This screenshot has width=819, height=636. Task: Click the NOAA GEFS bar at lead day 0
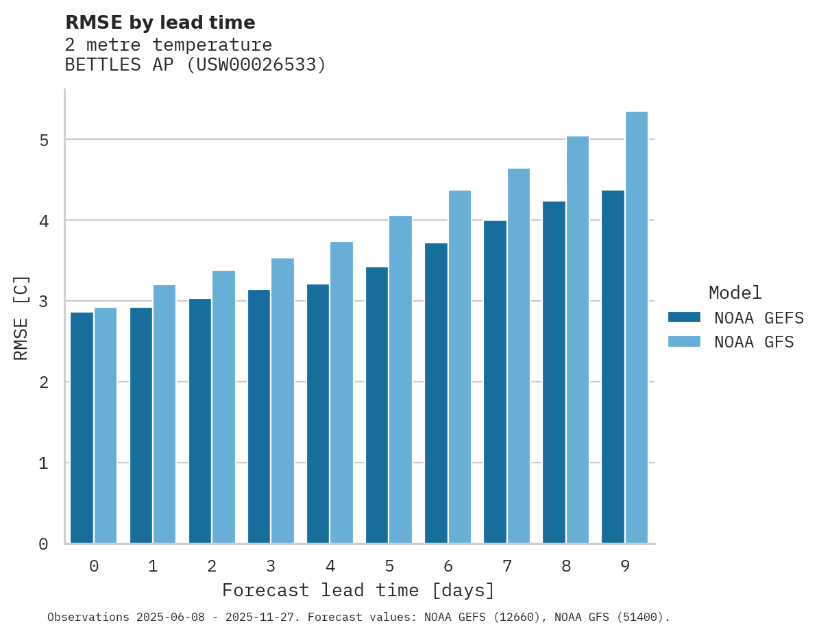(x=82, y=428)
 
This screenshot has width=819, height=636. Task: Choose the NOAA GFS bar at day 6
(x=459, y=367)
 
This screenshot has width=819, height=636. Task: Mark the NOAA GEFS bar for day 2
(x=199, y=421)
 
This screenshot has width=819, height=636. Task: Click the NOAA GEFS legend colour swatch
(x=684, y=317)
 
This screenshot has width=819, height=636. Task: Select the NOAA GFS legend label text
(x=754, y=342)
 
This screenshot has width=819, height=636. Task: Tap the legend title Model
(x=735, y=293)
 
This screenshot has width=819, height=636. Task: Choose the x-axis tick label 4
(x=330, y=567)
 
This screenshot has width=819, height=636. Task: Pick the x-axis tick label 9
(x=625, y=567)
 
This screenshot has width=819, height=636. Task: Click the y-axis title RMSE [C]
(x=21, y=317)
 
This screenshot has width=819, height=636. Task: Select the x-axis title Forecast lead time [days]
(x=358, y=590)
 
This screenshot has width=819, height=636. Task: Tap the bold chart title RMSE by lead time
(x=160, y=23)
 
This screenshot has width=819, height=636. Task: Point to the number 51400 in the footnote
(x=641, y=617)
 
